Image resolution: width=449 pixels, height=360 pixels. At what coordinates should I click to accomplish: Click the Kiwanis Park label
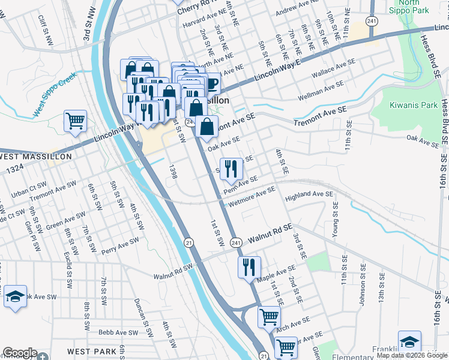pos(414,105)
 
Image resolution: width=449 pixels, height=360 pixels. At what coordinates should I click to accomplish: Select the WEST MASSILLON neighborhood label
pos(36,157)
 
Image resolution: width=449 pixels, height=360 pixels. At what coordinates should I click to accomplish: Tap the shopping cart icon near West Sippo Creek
pos(75,121)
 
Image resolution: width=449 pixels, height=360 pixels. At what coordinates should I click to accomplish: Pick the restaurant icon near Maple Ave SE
pos(249,267)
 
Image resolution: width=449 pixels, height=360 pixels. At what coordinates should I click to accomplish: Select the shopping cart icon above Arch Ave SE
pos(270,317)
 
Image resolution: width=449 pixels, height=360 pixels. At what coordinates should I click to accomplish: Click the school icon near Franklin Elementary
pos(409,342)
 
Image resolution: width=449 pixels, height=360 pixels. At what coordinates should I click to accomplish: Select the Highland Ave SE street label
pos(309,194)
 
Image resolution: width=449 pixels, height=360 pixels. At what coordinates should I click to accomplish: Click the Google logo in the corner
pos(20,353)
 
